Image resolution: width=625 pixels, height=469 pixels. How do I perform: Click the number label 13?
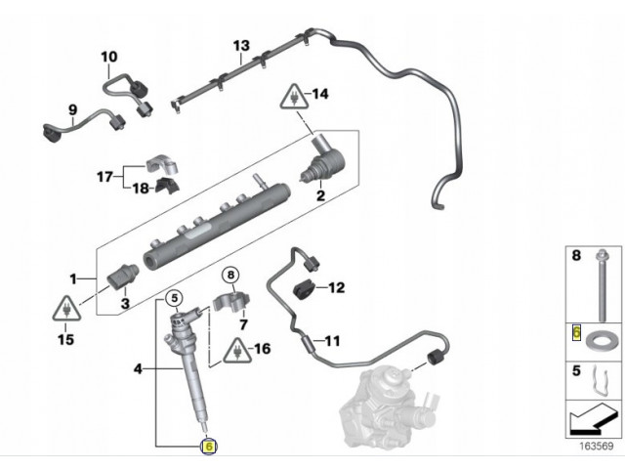241,46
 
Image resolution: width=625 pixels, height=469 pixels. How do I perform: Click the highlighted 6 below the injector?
207,446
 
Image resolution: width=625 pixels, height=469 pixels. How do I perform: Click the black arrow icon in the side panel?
590,422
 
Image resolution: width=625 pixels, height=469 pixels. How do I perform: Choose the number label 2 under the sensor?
318,195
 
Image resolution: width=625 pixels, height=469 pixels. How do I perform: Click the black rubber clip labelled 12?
305,288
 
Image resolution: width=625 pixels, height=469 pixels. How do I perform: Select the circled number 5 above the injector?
172,297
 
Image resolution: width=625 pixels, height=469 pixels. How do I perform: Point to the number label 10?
108,57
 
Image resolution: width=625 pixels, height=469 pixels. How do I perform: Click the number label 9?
72,107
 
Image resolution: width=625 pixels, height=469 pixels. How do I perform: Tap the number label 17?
104,177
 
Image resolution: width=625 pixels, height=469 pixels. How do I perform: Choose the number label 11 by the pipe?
332,342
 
